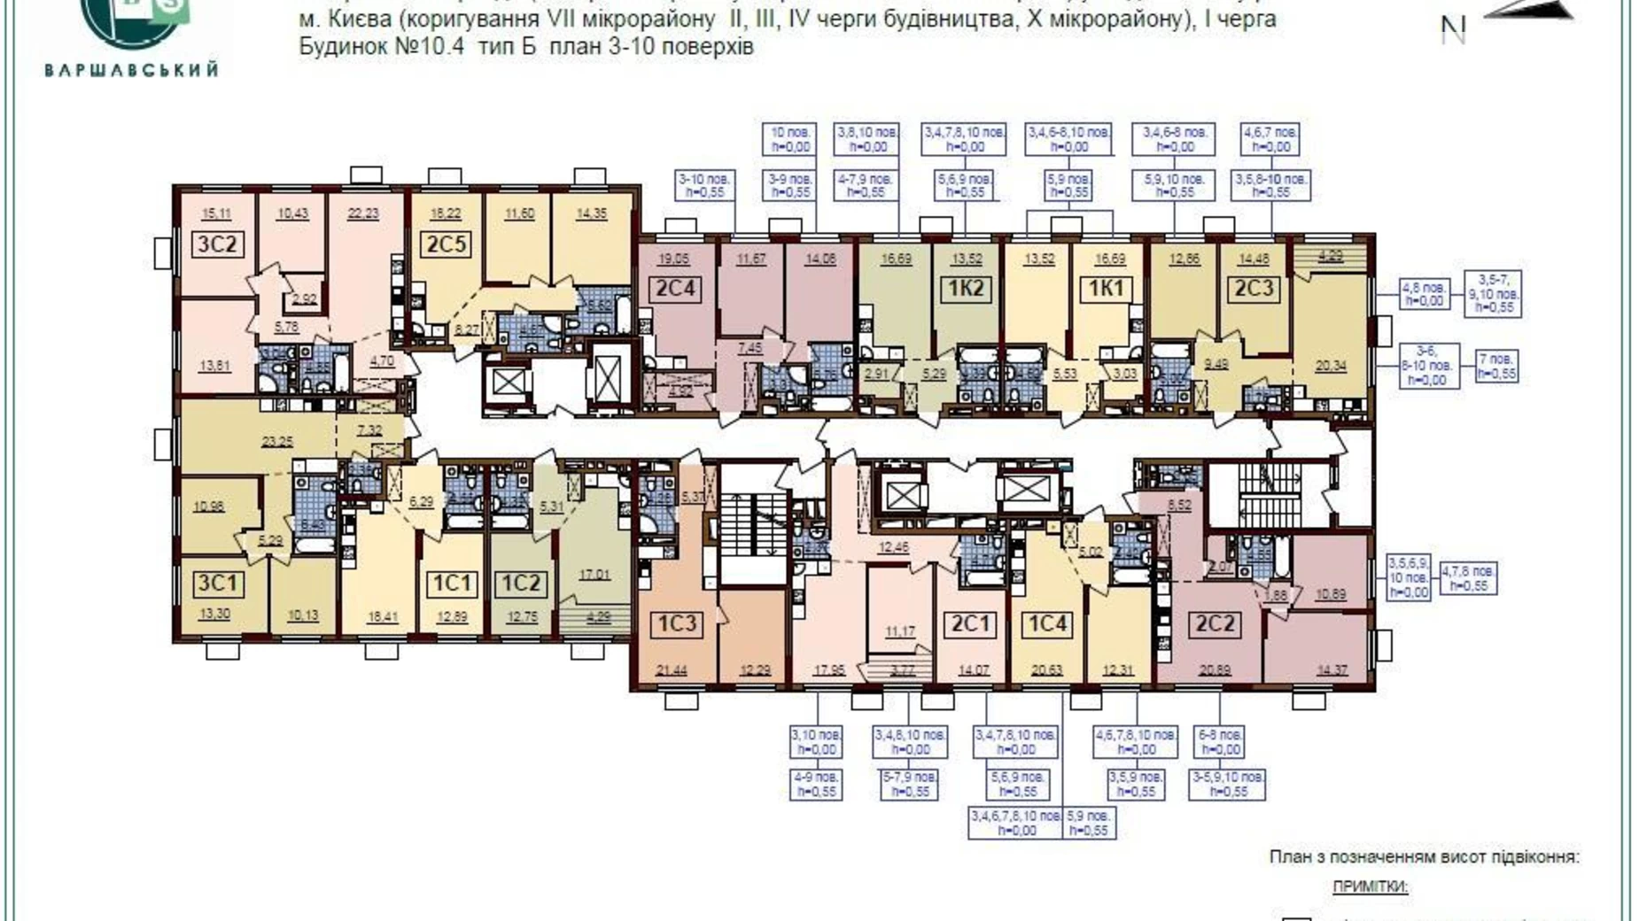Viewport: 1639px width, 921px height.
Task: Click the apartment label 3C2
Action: [217, 244]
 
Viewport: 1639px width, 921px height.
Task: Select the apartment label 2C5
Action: [446, 244]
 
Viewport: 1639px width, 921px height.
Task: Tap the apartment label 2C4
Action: [675, 289]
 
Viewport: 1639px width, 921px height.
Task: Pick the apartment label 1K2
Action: [966, 289]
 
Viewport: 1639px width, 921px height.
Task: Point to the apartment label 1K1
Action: [1106, 289]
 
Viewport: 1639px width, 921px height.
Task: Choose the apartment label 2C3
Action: [1254, 289]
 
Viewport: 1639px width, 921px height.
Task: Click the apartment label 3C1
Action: [217, 584]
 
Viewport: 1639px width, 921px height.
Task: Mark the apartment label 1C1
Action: [451, 584]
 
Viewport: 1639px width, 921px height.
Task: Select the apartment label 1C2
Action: [521, 584]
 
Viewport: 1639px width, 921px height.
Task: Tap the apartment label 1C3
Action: [676, 624]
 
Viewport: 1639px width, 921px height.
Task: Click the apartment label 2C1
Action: [969, 624]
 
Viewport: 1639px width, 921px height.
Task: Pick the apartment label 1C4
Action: [1046, 624]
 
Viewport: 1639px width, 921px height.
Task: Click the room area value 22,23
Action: [363, 213]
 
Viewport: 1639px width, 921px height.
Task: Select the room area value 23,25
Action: [276, 440]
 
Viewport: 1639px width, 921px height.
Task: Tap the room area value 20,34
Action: [1331, 365]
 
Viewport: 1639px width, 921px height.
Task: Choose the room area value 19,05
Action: [673, 259]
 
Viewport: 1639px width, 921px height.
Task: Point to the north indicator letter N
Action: [1453, 31]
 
